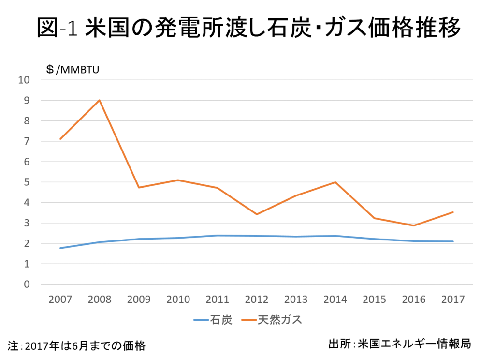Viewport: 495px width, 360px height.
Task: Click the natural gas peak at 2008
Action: (100, 100)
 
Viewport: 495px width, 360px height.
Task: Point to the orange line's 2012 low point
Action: (257, 214)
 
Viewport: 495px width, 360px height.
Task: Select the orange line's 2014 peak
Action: (335, 182)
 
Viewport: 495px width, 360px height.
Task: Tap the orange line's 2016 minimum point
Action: (414, 225)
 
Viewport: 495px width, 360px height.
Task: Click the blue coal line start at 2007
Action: (60, 248)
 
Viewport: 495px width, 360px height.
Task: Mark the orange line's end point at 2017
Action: (453, 212)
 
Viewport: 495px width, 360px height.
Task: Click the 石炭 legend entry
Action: (213, 320)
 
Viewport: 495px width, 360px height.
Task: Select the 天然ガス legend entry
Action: (272, 320)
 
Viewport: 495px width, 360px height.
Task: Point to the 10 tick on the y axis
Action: (24, 80)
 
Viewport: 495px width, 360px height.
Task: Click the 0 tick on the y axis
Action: (27, 284)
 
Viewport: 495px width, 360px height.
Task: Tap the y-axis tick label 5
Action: (27, 182)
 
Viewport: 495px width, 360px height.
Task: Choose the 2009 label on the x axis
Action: (139, 300)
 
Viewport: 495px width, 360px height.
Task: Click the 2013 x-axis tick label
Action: (296, 300)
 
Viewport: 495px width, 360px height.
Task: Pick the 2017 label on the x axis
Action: (453, 300)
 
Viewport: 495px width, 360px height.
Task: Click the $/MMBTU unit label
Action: (73, 70)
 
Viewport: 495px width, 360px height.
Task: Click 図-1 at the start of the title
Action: (57, 28)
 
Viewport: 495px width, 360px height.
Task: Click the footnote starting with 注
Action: (77, 346)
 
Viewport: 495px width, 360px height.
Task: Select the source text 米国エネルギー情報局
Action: (414, 344)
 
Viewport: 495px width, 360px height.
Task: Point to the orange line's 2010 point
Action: (178, 180)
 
